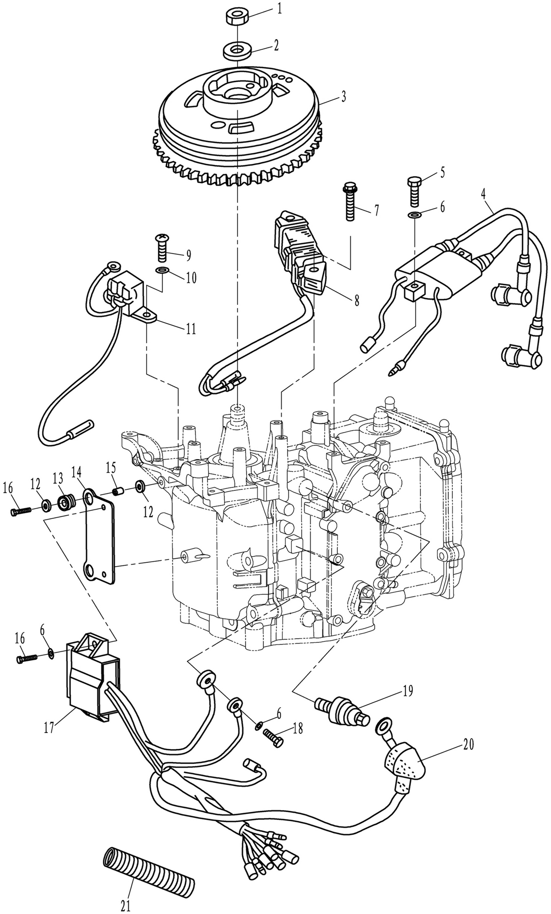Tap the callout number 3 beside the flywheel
(x=343, y=97)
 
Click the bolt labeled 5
(x=415, y=191)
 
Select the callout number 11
(x=191, y=329)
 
